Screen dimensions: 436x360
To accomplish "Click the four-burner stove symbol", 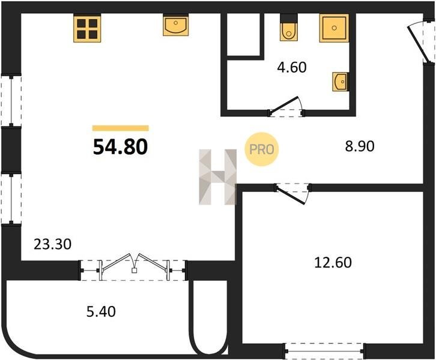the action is coord(87,28).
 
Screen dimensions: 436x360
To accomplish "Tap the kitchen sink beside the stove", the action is coord(176,25).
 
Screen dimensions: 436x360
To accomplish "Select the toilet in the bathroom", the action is coord(289,27).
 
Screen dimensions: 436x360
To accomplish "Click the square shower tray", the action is coord(334,28).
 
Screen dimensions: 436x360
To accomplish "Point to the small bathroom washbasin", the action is coord(341,82).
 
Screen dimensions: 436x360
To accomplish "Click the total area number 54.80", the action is coord(120,146).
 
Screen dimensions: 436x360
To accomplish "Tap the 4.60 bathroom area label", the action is coord(292,67).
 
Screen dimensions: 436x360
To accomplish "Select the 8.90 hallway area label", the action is coord(360,146).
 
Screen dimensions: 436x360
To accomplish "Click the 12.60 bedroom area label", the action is coord(333,263).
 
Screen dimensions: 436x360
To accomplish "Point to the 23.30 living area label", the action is coord(53,244).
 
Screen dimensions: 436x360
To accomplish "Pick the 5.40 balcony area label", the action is coord(101,311).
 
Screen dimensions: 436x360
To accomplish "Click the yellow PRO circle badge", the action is coord(261,149).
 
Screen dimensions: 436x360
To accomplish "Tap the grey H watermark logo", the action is coord(218,177).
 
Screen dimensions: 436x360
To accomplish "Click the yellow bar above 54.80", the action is coord(121,128).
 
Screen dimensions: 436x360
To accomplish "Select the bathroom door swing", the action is coord(286,106).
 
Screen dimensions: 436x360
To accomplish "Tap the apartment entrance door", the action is coord(419,44).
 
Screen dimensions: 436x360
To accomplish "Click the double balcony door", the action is coord(135,266).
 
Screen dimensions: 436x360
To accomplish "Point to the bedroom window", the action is coord(324,351).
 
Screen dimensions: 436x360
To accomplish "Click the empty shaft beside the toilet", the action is coord(244,34).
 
